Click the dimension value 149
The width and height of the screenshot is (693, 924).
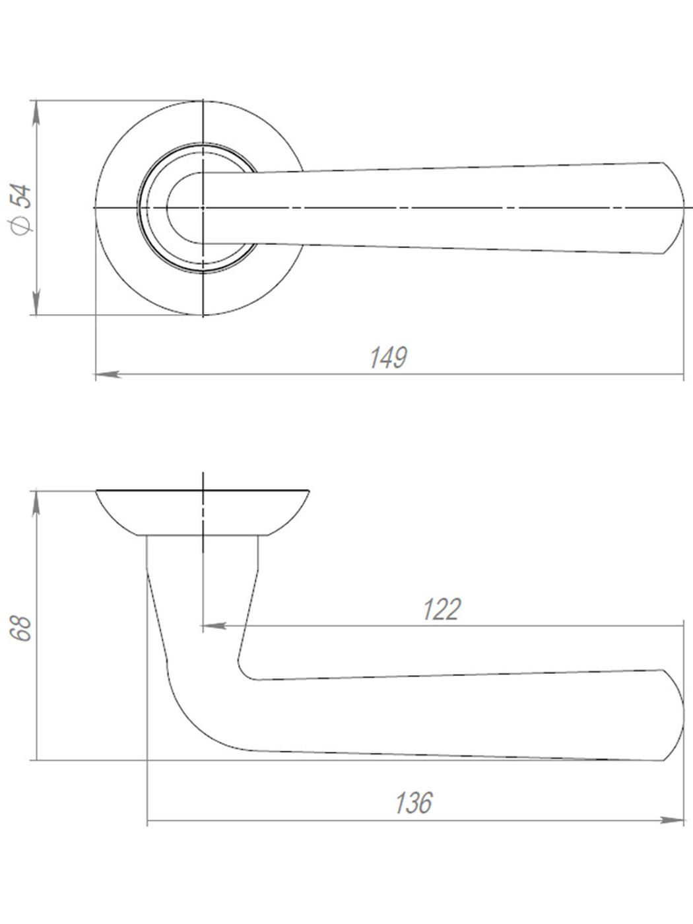point(387,358)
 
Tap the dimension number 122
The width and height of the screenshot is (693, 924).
point(441,610)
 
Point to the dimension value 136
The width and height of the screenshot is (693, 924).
point(414,803)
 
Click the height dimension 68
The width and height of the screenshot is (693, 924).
point(21,628)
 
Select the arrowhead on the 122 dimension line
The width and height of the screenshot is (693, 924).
point(215,624)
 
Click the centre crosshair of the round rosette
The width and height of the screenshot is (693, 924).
point(203,208)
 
